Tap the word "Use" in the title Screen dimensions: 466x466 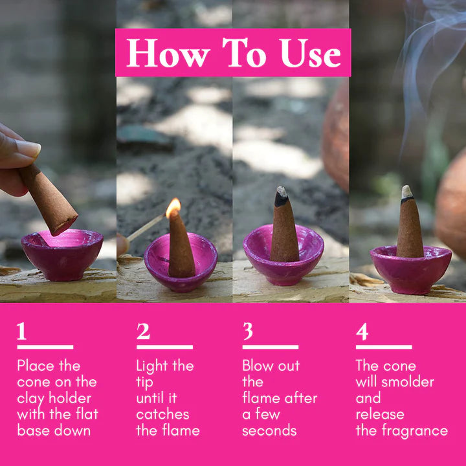point(310,53)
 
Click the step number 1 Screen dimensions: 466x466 point(22,331)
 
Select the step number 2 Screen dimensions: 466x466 point(143,331)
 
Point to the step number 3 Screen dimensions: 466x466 point(248,331)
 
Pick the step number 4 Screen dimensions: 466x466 point(362,331)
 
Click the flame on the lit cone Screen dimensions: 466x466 point(173,208)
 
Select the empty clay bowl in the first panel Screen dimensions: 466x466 point(61,253)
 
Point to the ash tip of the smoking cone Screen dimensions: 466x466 point(406,192)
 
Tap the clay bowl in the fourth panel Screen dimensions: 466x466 point(410,269)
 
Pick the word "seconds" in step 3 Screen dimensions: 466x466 point(269,430)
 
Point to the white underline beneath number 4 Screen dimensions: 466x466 point(383,348)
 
